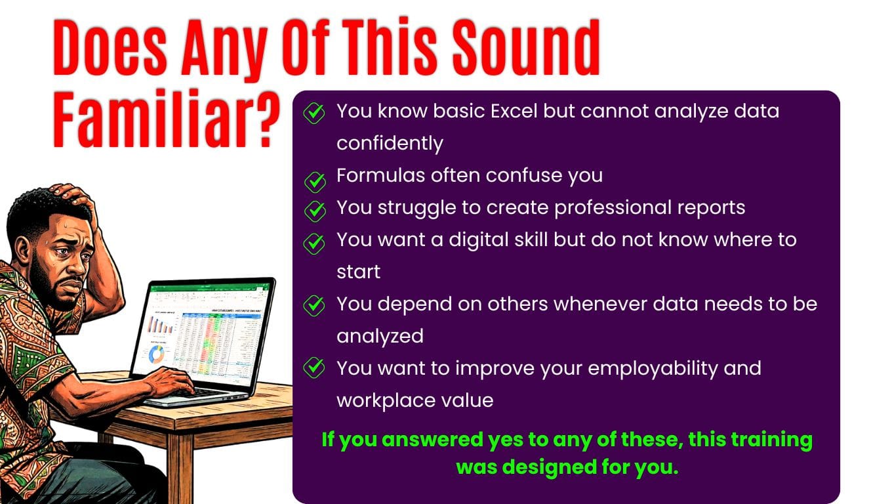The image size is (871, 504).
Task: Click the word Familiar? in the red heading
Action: (167, 119)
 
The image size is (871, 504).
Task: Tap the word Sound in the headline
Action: (527, 47)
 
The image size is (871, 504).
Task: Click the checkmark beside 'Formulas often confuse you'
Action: (315, 182)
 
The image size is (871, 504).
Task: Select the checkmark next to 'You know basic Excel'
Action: (314, 114)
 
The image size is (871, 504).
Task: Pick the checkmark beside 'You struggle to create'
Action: (315, 211)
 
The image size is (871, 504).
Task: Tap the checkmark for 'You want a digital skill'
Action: (314, 243)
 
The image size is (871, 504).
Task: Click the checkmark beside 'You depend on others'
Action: (314, 306)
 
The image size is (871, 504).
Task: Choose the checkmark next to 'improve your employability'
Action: (314, 367)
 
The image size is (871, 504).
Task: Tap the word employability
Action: (653, 369)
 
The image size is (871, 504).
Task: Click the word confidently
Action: (390, 144)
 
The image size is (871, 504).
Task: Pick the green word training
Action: (771, 440)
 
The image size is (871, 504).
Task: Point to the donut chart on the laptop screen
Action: (157, 354)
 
